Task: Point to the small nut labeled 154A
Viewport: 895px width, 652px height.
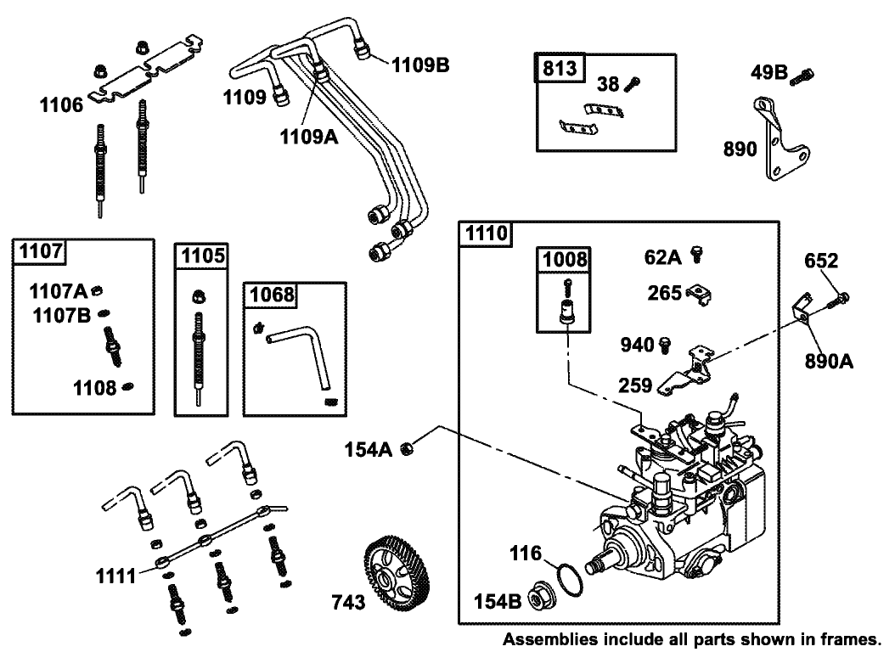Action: [408, 449]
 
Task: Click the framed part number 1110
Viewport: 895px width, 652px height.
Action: [485, 233]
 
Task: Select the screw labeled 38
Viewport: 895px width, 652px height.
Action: [633, 83]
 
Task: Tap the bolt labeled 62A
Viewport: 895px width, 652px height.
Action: [699, 252]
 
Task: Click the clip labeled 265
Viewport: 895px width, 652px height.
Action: [699, 293]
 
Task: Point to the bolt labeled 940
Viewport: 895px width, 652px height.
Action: [667, 344]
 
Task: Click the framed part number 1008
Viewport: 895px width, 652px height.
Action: [563, 260]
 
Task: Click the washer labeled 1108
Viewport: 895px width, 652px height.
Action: [127, 387]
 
